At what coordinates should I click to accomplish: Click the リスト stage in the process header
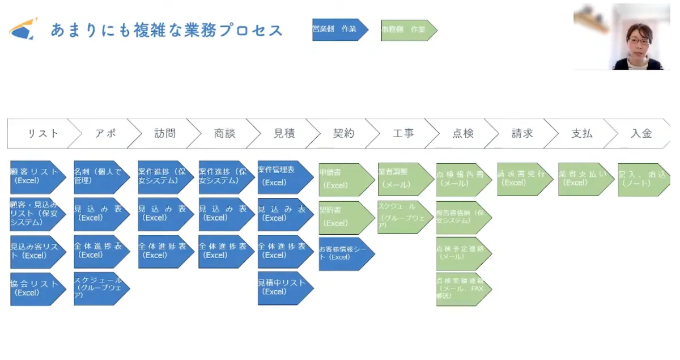(43, 134)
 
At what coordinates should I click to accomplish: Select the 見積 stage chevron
(283, 134)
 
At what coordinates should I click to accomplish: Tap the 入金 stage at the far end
(641, 134)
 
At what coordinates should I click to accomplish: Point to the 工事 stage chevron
(403, 134)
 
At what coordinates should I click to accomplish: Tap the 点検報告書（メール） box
(462, 179)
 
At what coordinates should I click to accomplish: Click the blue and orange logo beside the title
(23, 29)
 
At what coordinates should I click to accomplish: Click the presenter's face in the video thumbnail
(638, 40)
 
